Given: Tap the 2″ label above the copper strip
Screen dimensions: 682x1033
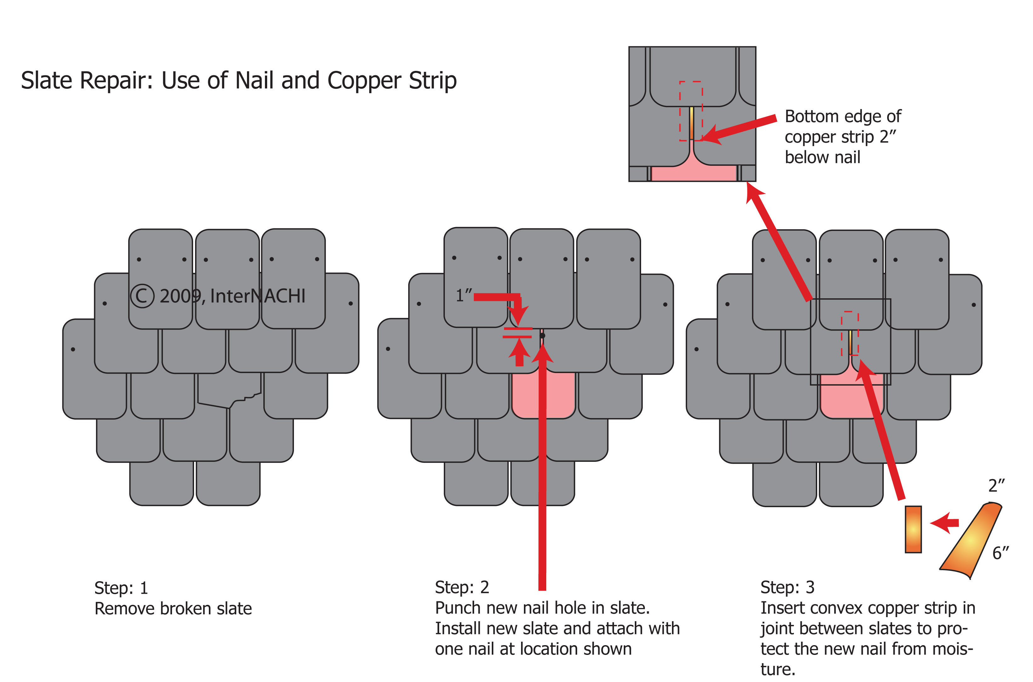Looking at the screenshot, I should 996,486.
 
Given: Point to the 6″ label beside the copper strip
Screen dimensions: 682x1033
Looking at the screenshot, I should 1000,553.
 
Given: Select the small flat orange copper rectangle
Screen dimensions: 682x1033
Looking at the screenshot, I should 913,529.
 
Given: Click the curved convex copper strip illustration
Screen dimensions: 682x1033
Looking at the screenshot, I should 973,542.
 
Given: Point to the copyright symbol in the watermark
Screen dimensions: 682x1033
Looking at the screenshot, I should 142,296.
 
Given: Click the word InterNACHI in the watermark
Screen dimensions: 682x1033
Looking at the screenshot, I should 257,296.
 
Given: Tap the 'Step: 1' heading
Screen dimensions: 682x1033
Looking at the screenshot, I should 121,588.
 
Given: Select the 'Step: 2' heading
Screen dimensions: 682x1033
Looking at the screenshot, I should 462,587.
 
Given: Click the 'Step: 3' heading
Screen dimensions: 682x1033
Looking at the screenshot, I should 787,587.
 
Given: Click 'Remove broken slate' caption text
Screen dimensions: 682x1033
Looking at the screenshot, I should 173,609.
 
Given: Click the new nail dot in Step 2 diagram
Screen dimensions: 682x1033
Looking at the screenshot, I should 542,336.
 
